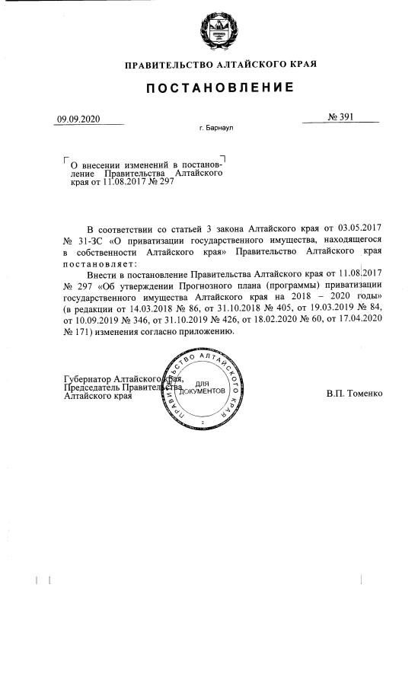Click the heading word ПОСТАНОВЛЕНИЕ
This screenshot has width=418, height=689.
(x=221, y=88)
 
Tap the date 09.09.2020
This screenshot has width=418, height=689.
(x=78, y=119)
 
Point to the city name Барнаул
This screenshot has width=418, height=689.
(x=219, y=129)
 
